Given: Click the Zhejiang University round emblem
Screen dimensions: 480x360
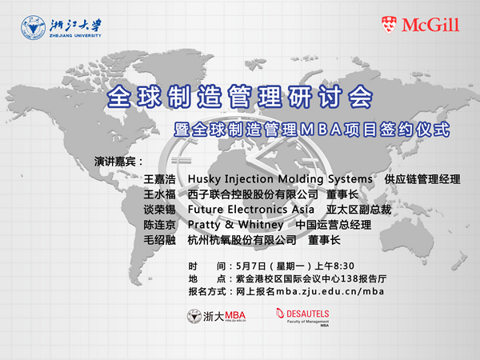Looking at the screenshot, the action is [34, 27].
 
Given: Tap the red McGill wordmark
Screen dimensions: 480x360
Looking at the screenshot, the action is [430, 25].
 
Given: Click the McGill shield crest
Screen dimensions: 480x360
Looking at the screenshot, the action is [390, 25].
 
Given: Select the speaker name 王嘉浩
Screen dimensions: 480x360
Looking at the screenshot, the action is [159, 179].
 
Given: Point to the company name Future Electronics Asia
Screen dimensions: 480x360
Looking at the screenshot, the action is [251, 210].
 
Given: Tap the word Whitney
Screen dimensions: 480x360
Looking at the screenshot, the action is [261, 225].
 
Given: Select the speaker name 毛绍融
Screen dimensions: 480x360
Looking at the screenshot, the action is [159, 240].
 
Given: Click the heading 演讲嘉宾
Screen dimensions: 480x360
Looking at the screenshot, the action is [114, 162].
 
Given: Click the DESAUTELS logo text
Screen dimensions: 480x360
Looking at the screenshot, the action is [308, 314].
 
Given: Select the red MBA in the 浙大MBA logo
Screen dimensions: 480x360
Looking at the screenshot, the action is [234, 315].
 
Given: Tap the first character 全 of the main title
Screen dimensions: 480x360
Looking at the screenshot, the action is [119, 97].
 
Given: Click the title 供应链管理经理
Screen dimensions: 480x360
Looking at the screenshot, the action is [422, 179].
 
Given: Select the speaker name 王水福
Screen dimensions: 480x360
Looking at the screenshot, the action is [159, 194].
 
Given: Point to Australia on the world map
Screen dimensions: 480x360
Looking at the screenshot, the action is [407, 242].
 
